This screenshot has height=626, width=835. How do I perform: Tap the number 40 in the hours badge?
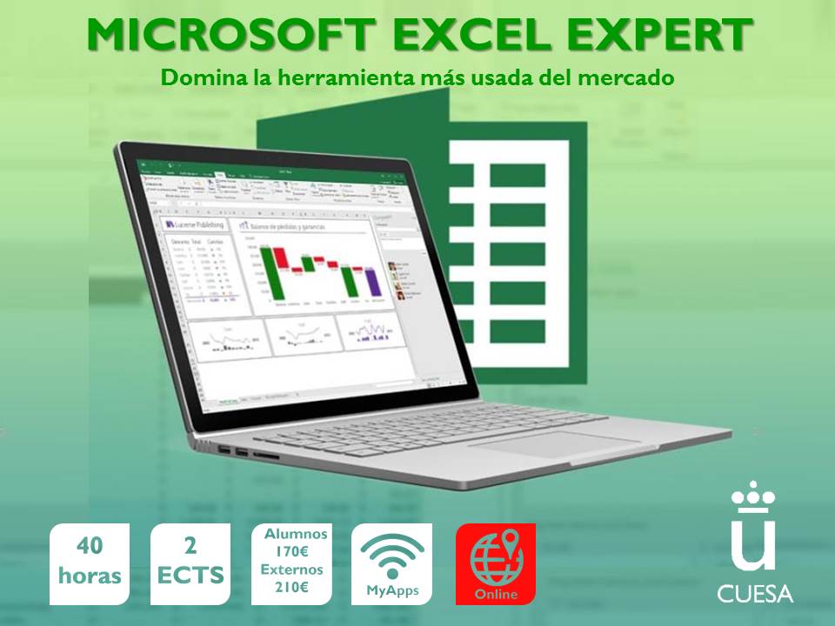click(x=90, y=546)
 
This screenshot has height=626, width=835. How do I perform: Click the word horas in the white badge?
click(x=90, y=576)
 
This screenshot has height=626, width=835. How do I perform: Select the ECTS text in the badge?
click(x=190, y=576)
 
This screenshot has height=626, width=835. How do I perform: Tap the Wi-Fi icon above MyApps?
click(x=391, y=555)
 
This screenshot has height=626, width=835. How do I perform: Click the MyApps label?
click(x=391, y=591)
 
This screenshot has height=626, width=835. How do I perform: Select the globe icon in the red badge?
click(x=496, y=556)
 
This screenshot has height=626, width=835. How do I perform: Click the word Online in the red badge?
click(x=496, y=595)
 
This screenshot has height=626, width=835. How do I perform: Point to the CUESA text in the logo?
click(x=755, y=595)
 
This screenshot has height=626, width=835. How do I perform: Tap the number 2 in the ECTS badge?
click(x=190, y=546)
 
